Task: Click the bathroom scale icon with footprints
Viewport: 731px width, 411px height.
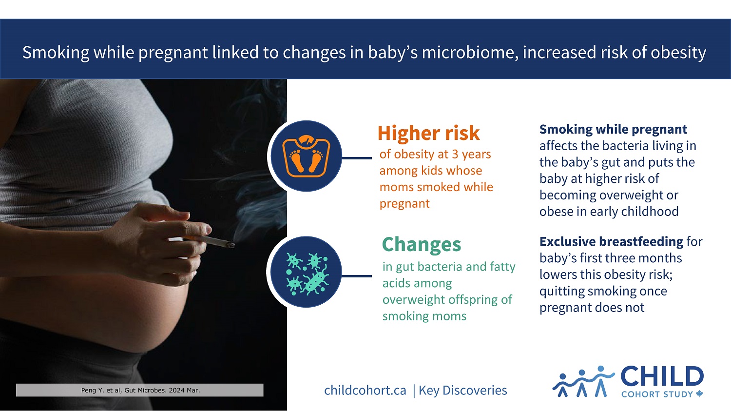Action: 307,156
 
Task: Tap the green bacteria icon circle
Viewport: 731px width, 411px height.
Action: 307,272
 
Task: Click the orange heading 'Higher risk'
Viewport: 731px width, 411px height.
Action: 428,133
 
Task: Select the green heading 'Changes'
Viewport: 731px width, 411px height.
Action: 421,244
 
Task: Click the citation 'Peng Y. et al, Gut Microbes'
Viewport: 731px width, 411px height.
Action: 140,390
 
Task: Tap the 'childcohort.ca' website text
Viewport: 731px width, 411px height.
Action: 365,391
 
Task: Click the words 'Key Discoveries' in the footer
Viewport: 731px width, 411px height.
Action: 462,391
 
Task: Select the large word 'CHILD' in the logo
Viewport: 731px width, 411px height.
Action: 662,377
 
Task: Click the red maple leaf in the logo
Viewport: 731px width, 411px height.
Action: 699,394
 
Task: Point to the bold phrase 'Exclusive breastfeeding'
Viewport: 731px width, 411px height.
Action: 611,241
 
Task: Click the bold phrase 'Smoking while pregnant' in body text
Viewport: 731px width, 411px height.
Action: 613,129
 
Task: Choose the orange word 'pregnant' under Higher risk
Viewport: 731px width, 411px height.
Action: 404,204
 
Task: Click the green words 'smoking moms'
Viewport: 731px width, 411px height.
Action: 424,316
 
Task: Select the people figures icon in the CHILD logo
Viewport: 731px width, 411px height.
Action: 582,381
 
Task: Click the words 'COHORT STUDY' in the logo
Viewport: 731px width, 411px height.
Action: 657,394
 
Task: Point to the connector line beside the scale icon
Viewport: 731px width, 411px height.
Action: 357,158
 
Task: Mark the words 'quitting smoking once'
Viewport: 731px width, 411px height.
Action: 603,291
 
